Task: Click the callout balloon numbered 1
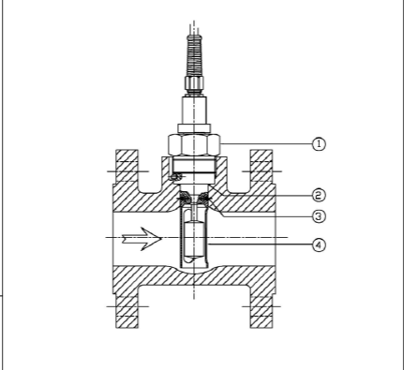319,144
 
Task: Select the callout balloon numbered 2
319,195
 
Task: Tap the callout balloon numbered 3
319,216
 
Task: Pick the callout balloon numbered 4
319,244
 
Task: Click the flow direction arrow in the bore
142,239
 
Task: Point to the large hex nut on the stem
194,144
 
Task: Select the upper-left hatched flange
127,166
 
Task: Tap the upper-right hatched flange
262,166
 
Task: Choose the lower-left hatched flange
127,311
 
